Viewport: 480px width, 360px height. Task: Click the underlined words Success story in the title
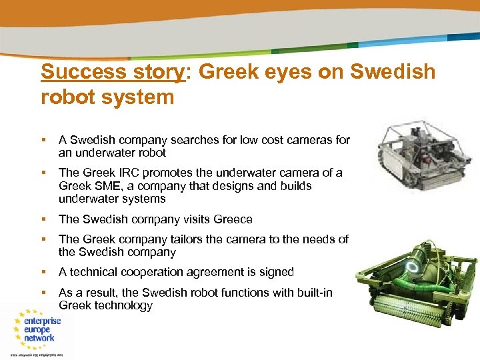pos(111,71)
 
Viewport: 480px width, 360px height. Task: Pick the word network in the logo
pos(40,338)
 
